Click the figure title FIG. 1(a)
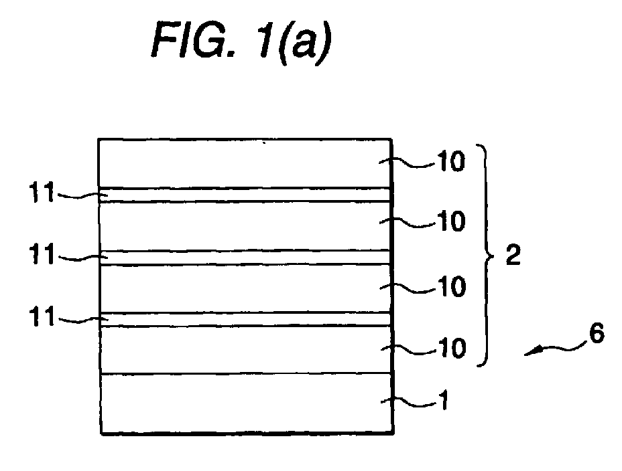241,43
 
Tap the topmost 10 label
450,161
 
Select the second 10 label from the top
450,221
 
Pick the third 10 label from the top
451,286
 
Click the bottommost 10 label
451,349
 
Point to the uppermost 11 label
42,193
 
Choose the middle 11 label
42,254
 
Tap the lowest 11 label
42,316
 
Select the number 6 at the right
597,333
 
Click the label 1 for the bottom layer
444,400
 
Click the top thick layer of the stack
245,163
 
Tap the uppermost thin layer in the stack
245,195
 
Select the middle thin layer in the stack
245,258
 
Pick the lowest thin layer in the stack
245,319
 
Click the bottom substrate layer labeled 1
247,404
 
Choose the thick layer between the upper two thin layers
245,226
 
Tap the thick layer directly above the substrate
246,350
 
